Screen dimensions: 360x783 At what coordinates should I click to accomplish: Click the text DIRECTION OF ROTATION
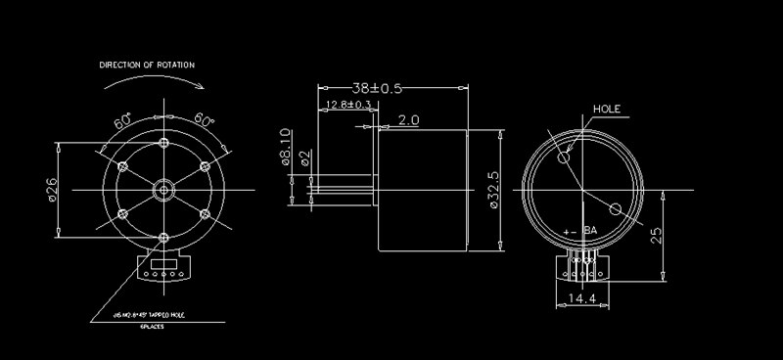[x=146, y=65]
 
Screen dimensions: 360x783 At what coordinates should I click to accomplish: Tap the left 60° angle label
[x=123, y=122]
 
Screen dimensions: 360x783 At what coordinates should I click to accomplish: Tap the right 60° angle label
[x=205, y=119]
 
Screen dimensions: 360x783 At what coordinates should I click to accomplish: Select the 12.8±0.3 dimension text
[x=347, y=105]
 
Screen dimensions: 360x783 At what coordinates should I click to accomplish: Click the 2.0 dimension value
[x=408, y=120]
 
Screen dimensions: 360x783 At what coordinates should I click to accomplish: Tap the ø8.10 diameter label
[x=286, y=148]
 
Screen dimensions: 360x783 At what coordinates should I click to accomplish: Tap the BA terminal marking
[x=590, y=231]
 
